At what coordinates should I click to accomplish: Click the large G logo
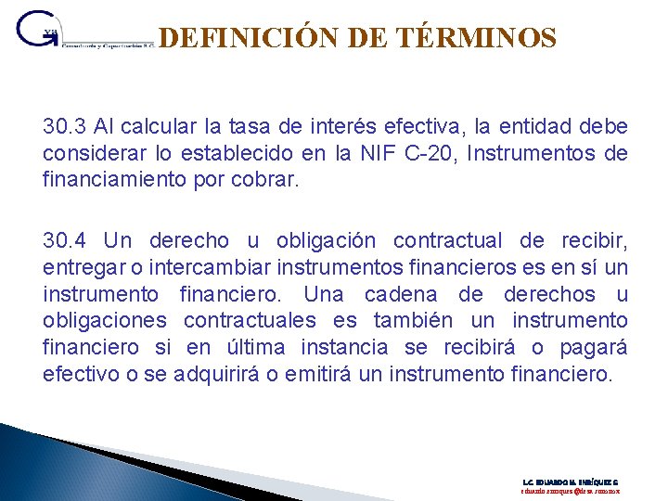click(x=37, y=29)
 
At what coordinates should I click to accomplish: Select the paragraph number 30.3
click(x=63, y=126)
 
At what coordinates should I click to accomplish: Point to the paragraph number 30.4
click(x=64, y=241)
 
